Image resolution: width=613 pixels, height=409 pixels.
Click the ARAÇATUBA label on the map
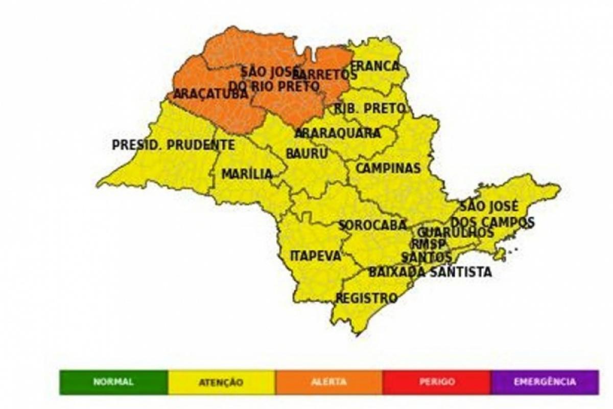pyautogui.click(x=210, y=95)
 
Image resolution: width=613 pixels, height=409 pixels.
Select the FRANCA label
pyautogui.click(x=376, y=66)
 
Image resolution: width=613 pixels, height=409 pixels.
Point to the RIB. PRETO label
pyautogui.click(x=370, y=108)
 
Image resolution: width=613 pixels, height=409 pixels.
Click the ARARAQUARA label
pyautogui.click(x=338, y=133)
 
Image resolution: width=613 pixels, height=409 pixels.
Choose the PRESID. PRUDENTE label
pyautogui.click(x=174, y=145)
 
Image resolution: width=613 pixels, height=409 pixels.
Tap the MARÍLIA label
pyautogui.click(x=247, y=174)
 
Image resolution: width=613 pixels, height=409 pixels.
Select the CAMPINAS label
pyautogui.click(x=388, y=169)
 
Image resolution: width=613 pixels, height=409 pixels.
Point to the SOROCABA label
pyautogui.click(x=372, y=225)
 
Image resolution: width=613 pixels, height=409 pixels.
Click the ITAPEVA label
pyautogui.click(x=315, y=256)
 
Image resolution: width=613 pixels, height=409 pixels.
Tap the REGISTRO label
pyautogui.click(x=366, y=298)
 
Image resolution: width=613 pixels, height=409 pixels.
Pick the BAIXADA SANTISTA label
pyautogui.click(x=430, y=272)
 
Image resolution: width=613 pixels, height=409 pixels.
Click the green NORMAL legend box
pyautogui.click(x=113, y=382)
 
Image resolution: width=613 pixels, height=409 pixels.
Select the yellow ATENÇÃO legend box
pyautogui.click(x=221, y=382)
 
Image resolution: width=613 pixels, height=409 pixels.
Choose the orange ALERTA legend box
pyautogui.click(x=328, y=382)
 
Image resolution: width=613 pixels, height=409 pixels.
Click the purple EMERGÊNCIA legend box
pyautogui.click(x=545, y=382)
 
